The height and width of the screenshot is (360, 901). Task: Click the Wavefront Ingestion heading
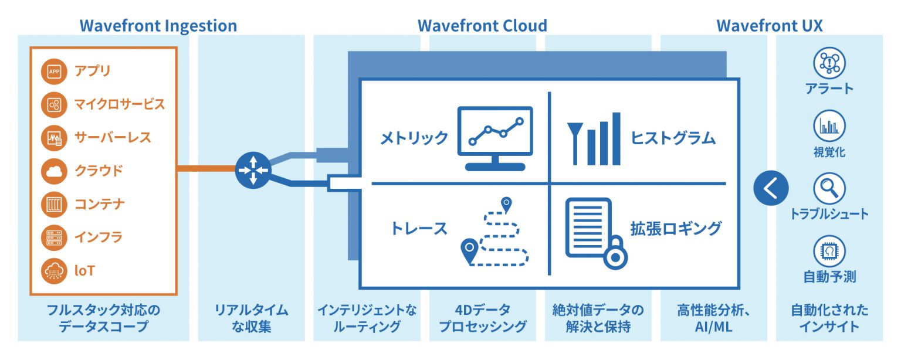[158, 26]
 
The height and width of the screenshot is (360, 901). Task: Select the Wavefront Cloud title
[482, 26]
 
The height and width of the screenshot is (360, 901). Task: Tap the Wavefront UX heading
[769, 26]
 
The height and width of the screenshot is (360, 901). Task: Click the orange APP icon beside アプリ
[55, 72]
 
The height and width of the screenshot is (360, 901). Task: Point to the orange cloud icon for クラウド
[55, 171]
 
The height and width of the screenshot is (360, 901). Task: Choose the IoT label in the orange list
[84, 271]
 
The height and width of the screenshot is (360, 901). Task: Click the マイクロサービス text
[120, 104]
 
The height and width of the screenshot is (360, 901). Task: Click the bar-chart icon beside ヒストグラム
[594, 139]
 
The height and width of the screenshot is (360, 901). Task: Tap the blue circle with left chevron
[771, 188]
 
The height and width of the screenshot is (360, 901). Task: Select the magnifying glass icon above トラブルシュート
[829, 189]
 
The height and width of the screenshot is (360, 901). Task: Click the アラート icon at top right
[829, 63]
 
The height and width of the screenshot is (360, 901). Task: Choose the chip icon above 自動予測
[829, 252]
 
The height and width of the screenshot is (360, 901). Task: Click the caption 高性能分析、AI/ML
[713, 318]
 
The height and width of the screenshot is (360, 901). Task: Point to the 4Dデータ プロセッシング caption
[483, 318]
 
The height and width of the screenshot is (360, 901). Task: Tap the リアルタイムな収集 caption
[251, 318]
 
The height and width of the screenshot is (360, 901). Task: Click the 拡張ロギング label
[676, 228]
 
